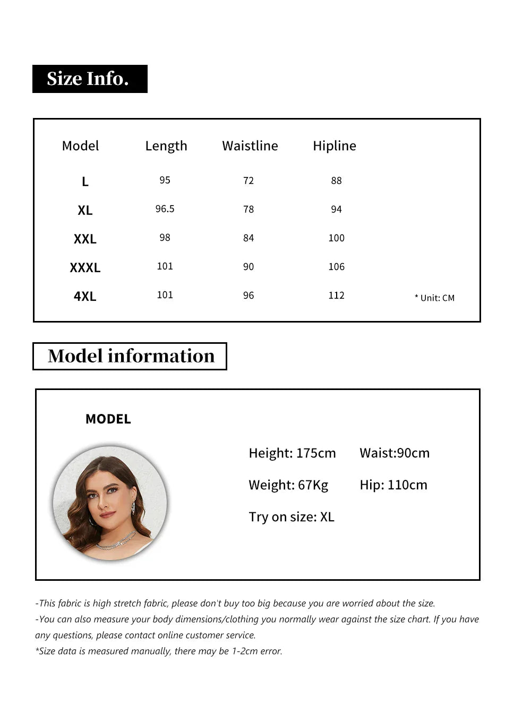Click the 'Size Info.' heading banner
point(90,79)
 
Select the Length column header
point(166,146)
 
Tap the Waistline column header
point(250,146)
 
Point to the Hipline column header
point(334,146)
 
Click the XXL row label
point(85,239)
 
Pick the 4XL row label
point(85,297)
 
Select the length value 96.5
point(165,209)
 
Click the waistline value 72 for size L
point(249,181)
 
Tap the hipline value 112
point(336,295)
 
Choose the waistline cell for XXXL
point(249,267)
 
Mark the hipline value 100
point(336,238)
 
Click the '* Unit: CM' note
point(434,298)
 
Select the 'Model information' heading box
point(130,356)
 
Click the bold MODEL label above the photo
point(108,419)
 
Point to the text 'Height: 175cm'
point(292,453)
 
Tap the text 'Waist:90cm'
point(395,453)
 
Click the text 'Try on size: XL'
point(292,517)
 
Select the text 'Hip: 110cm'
point(393,485)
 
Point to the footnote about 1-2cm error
point(159,651)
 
